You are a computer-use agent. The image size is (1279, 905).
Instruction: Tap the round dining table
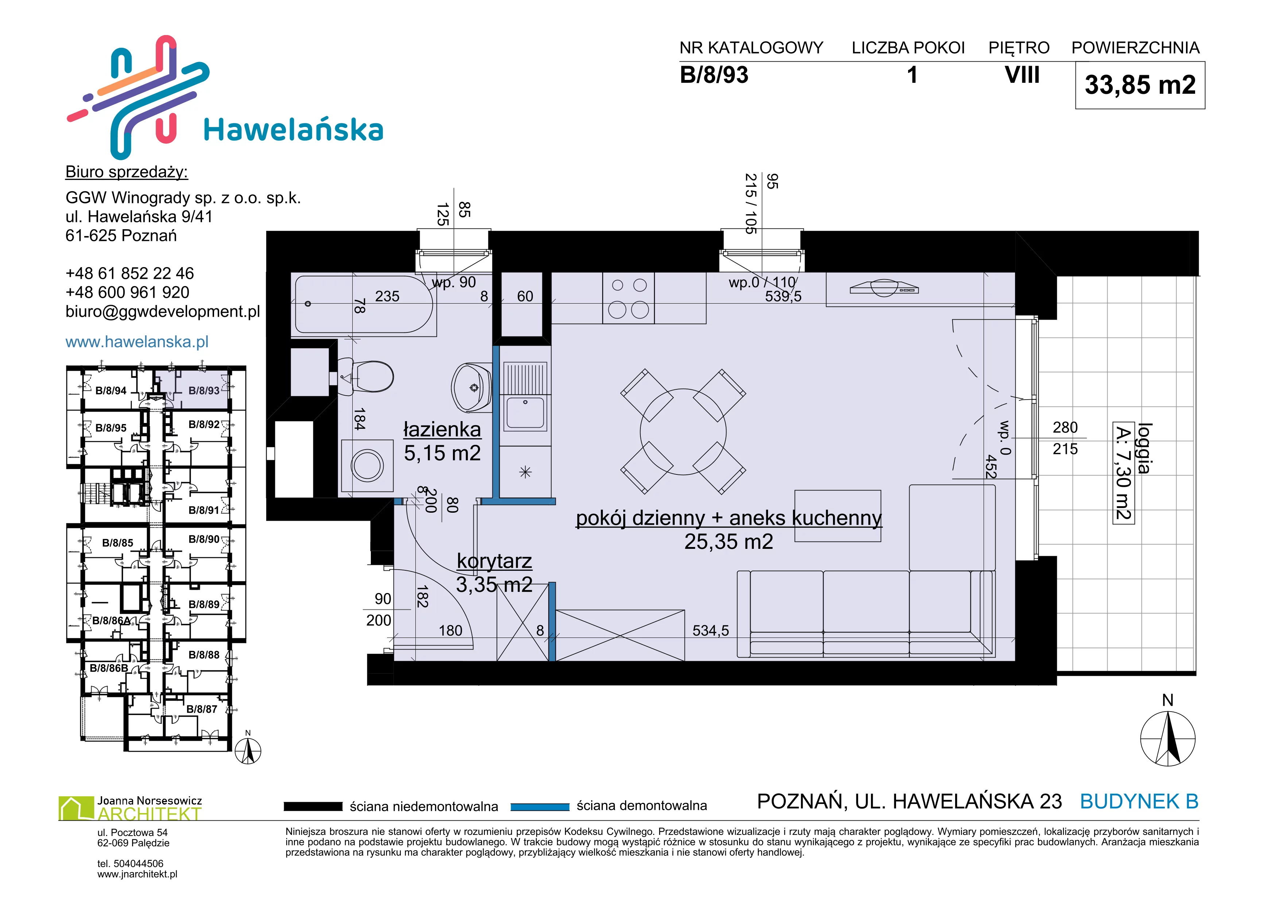point(683,432)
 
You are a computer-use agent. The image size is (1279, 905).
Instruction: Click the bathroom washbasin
point(471,387)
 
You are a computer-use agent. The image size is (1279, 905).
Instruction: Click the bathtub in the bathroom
point(363,304)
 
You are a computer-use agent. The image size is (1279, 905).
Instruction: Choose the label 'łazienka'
point(442,430)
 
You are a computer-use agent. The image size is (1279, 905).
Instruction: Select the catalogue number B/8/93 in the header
point(714,75)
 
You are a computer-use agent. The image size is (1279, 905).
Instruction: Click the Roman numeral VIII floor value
point(1022,75)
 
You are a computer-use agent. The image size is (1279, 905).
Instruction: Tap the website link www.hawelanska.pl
point(137,342)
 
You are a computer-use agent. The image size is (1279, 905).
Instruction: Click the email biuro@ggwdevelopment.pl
point(163,312)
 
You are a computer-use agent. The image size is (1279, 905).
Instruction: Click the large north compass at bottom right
point(1168,738)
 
